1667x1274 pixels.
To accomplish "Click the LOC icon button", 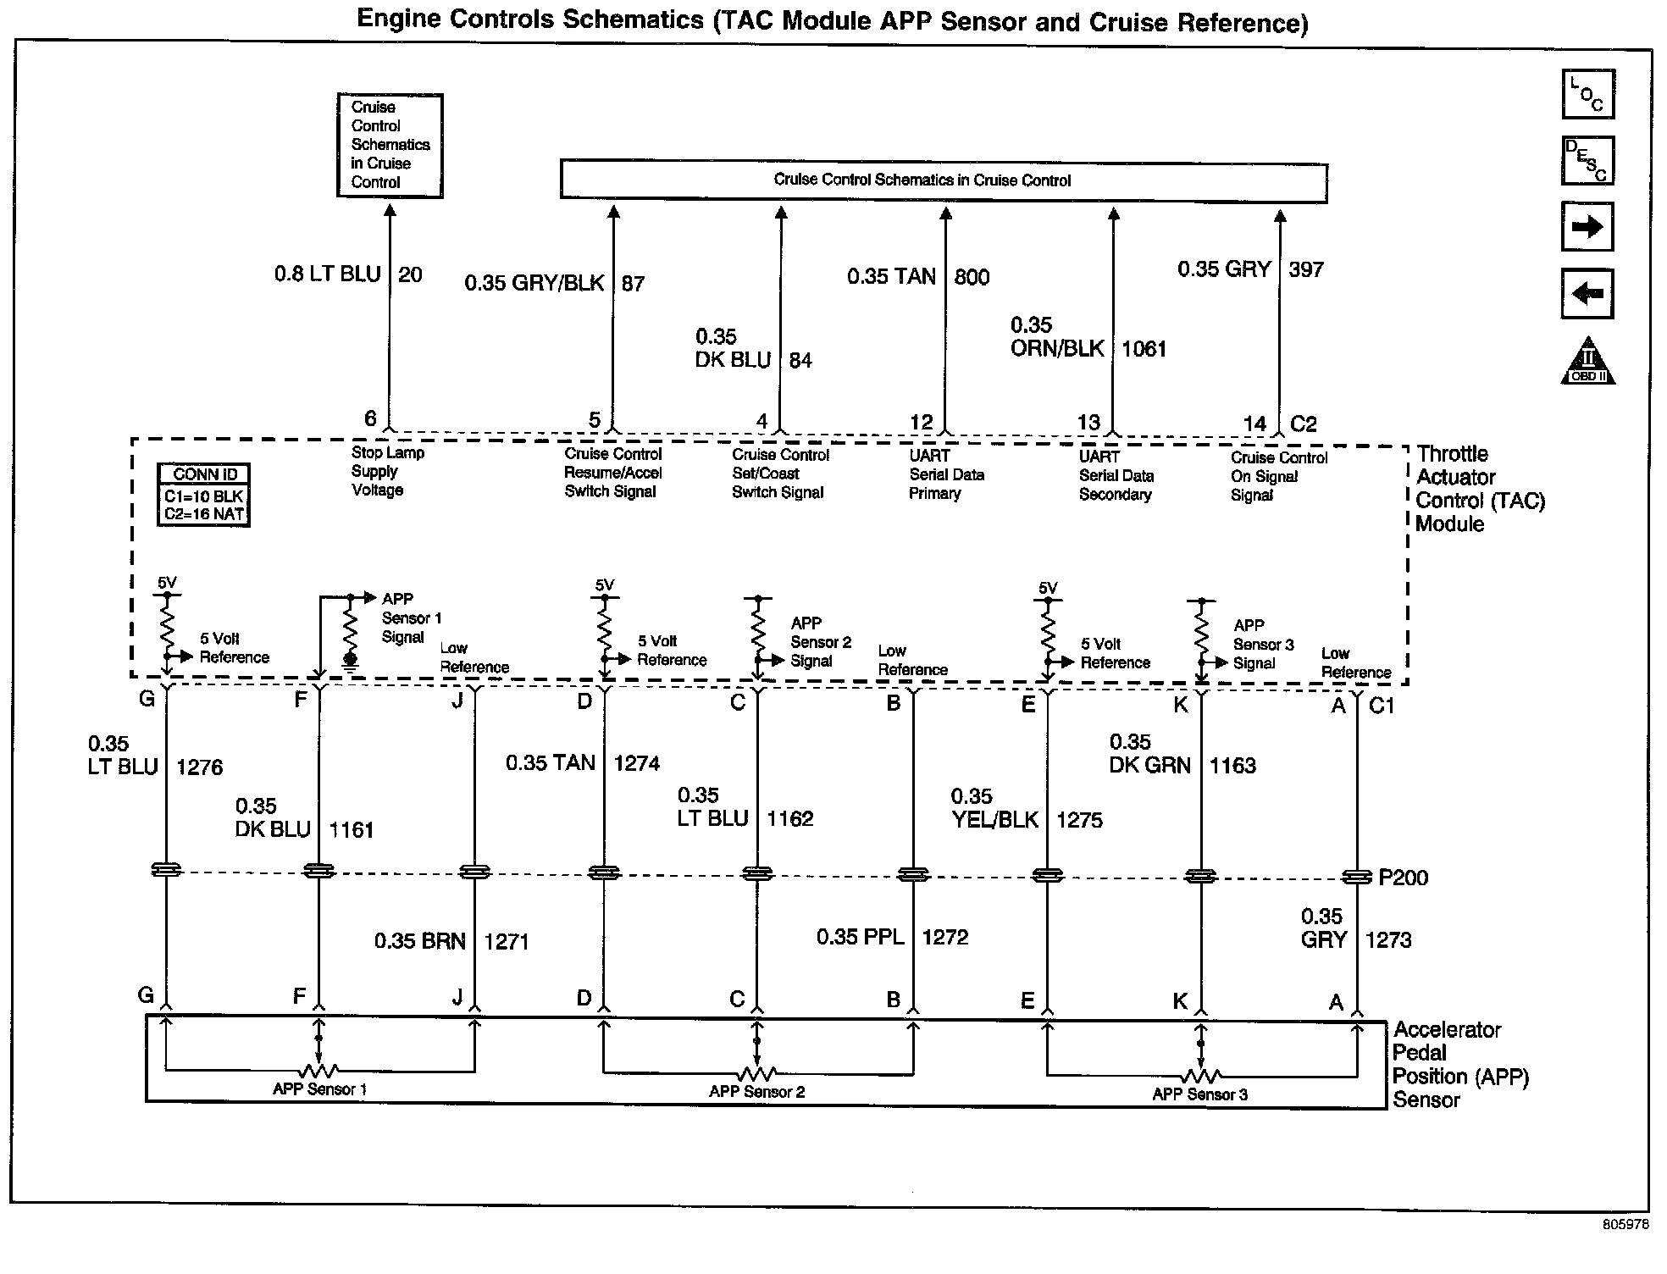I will click(x=1587, y=94).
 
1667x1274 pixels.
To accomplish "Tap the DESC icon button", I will click(x=1587, y=160).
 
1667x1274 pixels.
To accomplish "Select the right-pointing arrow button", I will click(x=1587, y=227).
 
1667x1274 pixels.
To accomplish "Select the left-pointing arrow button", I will click(x=1587, y=294).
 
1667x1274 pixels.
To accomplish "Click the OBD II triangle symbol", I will click(x=1587, y=362).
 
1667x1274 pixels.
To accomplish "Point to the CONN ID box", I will click(x=204, y=496).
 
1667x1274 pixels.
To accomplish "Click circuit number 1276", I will click(x=200, y=767).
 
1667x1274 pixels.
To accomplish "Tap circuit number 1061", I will click(x=1144, y=349).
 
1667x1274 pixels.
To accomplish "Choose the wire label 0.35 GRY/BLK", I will click(x=534, y=283).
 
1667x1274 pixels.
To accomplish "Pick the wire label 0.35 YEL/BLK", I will click(x=994, y=808).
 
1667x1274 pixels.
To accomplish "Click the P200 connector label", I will click(x=1403, y=878).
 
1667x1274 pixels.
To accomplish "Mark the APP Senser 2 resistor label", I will click(x=756, y=1091).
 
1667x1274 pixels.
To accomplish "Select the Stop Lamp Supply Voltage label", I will click(x=387, y=471).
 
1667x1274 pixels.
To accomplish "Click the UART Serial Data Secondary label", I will click(x=1116, y=475).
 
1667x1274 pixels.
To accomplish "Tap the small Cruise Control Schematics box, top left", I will click(x=390, y=145).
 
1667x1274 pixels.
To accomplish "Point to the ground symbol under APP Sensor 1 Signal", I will click(x=350, y=661).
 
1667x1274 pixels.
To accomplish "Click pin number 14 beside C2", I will click(x=1254, y=423).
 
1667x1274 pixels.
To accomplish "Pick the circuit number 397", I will click(x=1305, y=269).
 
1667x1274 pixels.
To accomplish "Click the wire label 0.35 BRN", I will click(x=420, y=941).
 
